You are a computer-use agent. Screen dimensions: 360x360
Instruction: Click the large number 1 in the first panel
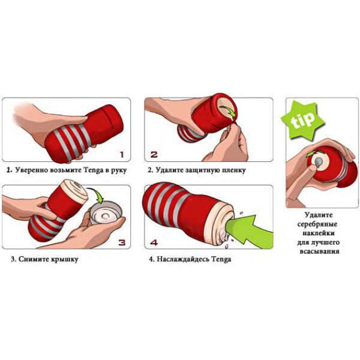tap(122, 155)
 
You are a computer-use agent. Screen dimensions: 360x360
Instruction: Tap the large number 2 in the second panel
tap(154, 154)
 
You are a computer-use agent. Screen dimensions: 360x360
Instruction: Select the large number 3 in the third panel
tap(122, 242)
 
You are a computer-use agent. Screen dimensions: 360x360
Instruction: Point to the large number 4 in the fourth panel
tap(154, 242)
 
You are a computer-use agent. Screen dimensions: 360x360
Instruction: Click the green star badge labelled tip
tap(302, 121)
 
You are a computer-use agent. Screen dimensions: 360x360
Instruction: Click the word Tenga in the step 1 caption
tap(94, 170)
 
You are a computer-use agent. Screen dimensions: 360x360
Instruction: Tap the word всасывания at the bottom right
tap(319, 251)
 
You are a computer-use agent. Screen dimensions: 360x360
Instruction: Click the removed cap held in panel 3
tap(106, 212)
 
